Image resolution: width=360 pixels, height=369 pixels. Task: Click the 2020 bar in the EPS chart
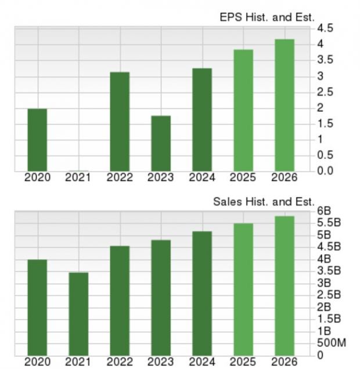click(37, 140)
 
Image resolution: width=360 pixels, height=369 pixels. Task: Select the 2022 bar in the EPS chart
click(120, 122)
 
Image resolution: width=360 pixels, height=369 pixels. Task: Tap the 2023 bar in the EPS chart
click(161, 143)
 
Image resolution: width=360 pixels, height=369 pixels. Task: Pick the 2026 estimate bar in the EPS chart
click(285, 105)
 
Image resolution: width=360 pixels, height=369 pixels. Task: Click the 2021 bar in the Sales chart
click(78, 314)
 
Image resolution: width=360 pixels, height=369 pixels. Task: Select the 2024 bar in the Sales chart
click(202, 293)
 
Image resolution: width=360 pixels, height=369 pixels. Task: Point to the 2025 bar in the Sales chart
click(243, 289)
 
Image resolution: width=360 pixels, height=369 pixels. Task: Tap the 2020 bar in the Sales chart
click(37, 307)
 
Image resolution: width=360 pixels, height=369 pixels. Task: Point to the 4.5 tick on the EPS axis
click(325, 28)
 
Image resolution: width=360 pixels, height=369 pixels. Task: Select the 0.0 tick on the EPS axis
click(325, 171)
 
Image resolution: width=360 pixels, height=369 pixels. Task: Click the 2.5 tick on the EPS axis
click(325, 92)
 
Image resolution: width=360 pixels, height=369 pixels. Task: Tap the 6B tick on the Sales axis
click(324, 211)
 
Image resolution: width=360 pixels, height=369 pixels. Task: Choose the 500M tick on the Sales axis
click(332, 342)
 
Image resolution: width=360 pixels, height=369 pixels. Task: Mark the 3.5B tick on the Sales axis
click(328, 270)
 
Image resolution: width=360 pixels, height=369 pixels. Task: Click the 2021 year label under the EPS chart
click(78, 178)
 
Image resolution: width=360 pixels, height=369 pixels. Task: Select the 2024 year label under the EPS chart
click(202, 178)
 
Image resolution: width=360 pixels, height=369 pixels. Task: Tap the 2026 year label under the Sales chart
click(285, 362)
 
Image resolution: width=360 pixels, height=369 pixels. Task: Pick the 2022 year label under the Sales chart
click(120, 362)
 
